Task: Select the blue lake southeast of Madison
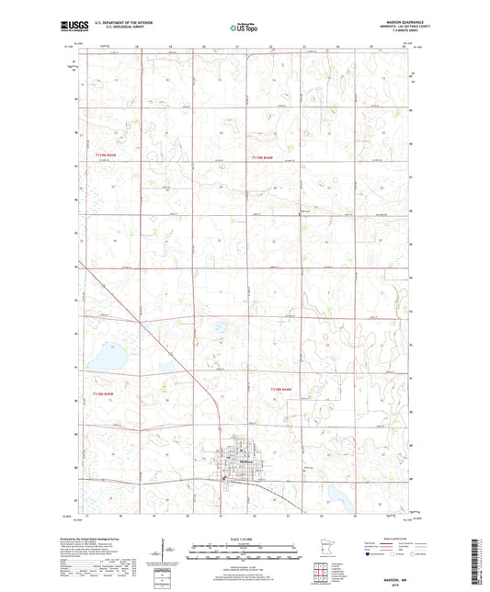(x=340, y=499)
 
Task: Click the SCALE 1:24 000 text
(x=244, y=536)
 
